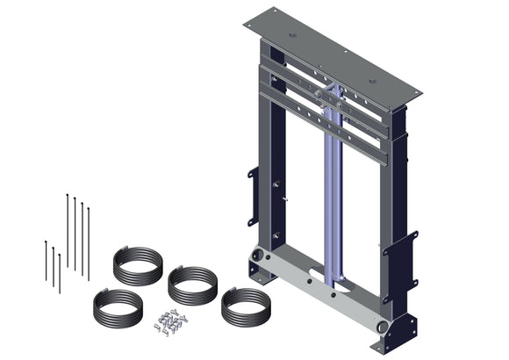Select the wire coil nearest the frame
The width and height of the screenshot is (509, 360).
[x=243, y=307]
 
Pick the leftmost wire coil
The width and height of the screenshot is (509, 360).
[x=117, y=308]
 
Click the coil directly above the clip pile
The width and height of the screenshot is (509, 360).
[x=191, y=284]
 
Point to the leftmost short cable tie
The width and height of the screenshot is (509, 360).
[x=47, y=260]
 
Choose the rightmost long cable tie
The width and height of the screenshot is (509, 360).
[x=88, y=241]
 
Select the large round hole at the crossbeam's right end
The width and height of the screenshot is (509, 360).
[x=381, y=326]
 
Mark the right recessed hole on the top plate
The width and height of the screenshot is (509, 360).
[x=372, y=81]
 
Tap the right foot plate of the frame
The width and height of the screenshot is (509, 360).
[x=403, y=332]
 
